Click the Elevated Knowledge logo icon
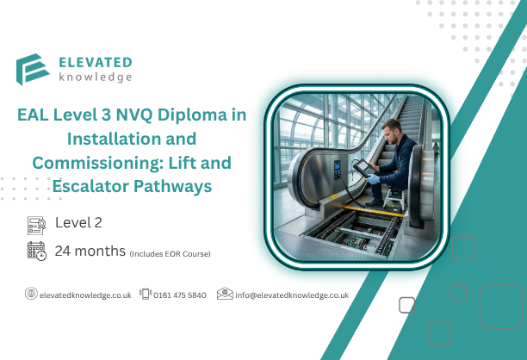[33, 70]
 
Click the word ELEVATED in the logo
[96, 61]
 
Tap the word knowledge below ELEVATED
[96, 77]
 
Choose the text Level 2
[78, 222]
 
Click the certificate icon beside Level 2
[36, 225]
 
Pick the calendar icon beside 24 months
[36, 251]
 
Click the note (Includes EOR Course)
[170, 253]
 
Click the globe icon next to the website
[31, 294]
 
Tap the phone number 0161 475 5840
[180, 295]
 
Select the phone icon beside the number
[146, 294]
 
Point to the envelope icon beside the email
[225, 294]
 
